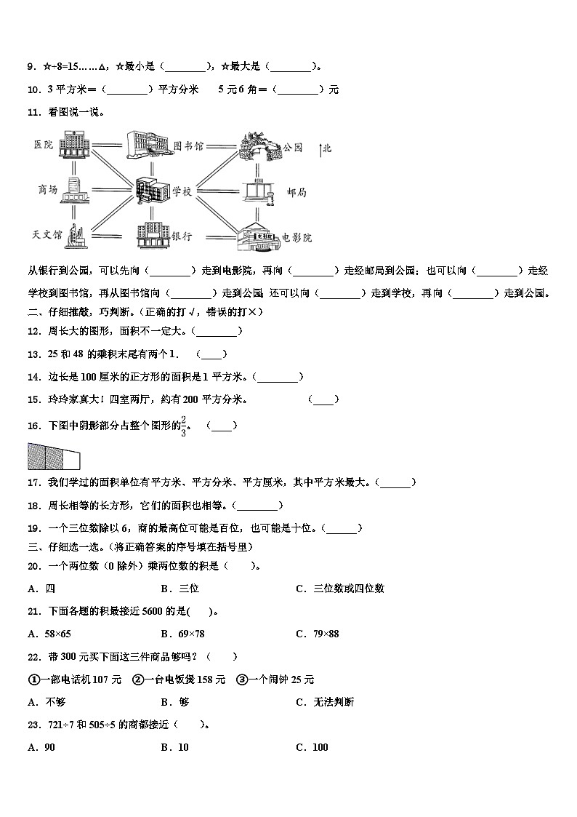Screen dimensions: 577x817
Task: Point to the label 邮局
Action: pos(296,192)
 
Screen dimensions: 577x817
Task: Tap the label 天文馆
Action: pos(47,235)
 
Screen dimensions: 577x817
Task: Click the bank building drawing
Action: pos(152,234)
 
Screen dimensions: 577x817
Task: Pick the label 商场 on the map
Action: pos(47,190)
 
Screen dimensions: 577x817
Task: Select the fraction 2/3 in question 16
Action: pos(184,426)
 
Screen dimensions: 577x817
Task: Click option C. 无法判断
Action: pos(325,702)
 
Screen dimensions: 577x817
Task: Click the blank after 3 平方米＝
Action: pos(128,90)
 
